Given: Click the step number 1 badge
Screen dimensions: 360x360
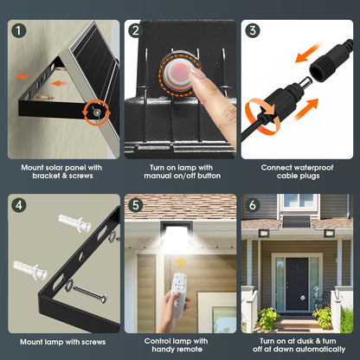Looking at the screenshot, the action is coord(19,30).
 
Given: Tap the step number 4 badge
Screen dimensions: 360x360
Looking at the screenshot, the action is coord(19,205).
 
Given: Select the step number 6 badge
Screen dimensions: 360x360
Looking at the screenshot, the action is coord(253,205).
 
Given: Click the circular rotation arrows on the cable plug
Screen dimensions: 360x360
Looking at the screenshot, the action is coord(262,116).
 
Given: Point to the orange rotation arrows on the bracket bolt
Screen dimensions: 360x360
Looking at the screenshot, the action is coord(96,112).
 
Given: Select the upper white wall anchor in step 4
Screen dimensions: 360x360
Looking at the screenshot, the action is coord(74,222).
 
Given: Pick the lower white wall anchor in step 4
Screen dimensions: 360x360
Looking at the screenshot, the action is coord(30,270).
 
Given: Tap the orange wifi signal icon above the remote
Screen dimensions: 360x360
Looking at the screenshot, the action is coord(181,263).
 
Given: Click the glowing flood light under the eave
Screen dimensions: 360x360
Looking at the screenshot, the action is coord(177,235).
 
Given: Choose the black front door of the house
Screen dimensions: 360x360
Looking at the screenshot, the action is coord(297,284).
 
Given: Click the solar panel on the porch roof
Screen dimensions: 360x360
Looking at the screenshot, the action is coord(296,222).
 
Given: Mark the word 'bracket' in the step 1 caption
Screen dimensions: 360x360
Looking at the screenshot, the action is coord(46,176).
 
